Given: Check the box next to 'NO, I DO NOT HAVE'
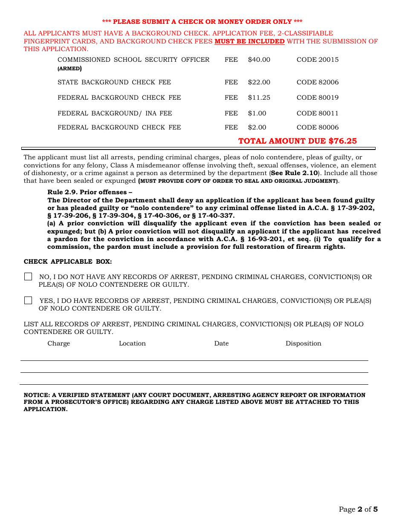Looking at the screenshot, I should click(x=28, y=277).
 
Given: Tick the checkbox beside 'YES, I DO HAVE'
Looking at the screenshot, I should click(x=28, y=301).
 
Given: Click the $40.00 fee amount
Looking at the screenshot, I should click(x=259, y=60).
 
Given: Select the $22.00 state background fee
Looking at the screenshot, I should click(x=259, y=82).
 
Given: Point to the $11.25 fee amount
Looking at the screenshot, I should click(x=259, y=98).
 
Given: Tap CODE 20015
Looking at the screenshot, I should click(x=318, y=60).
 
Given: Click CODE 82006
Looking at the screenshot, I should click(x=318, y=82).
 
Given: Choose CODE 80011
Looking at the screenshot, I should click(x=318, y=113).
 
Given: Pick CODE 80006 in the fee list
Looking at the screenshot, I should click(x=318, y=127).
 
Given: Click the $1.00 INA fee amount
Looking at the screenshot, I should click(x=257, y=113).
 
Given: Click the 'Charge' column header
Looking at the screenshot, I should click(x=59, y=343).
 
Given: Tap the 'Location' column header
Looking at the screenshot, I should click(x=132, y=343).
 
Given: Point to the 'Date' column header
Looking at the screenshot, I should click(x=221, y=343).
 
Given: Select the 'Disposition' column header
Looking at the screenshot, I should click(x=304, y=343).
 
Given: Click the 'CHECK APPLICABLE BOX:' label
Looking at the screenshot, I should click(x=68, y=262).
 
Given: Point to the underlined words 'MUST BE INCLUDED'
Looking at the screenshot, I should click(x=249, y=41).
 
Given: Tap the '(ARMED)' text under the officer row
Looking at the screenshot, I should click(x=69, y=68).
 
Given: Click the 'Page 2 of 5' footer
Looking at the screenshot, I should click(x=358, y=509).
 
